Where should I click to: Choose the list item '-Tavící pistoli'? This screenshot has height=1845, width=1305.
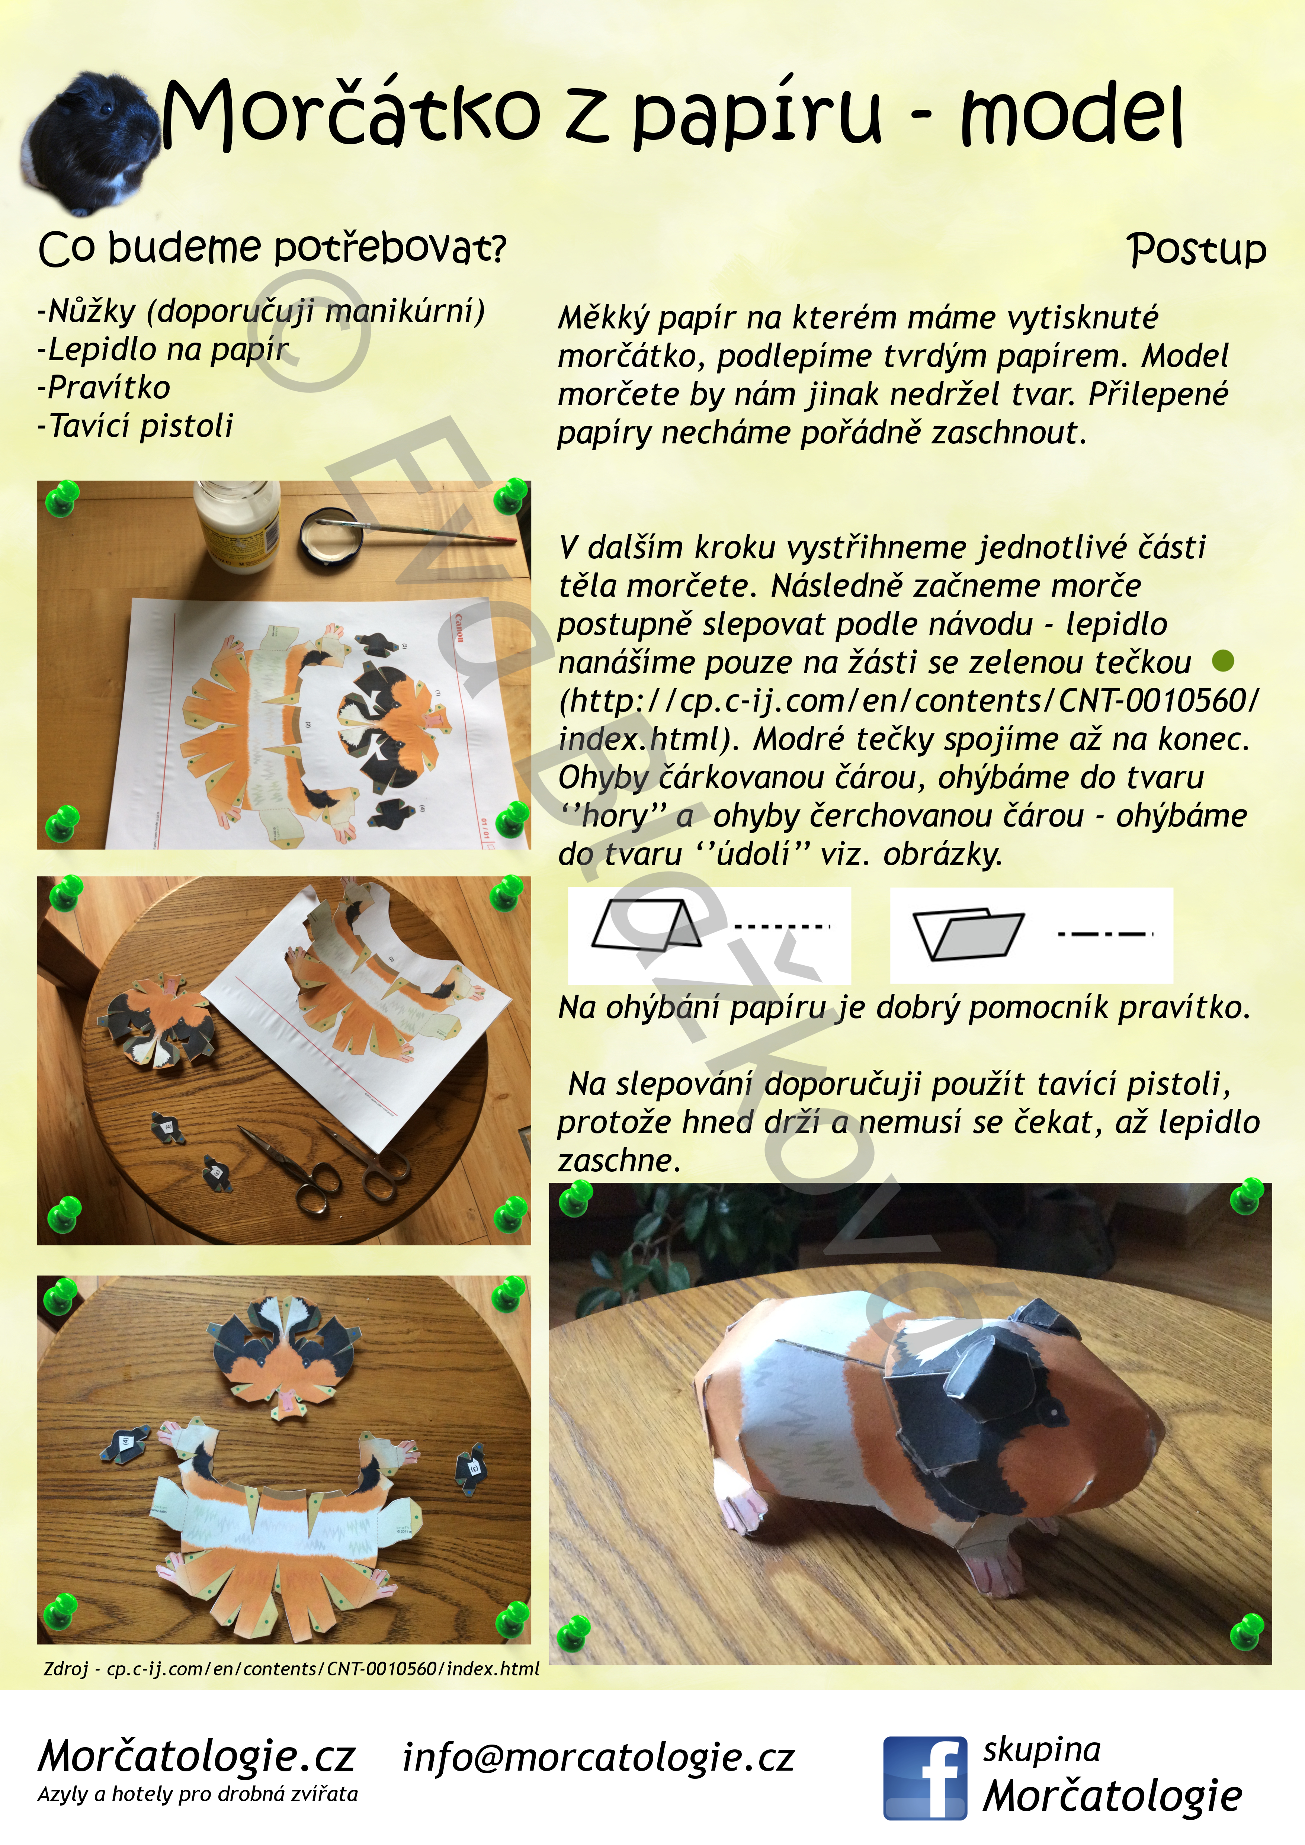tap(135, 426)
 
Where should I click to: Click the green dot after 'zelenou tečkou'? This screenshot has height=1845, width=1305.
tap(1222, 661)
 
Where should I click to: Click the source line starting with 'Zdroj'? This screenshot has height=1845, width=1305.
tap(291, 1669)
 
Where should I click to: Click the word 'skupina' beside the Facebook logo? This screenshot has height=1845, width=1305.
tap(1041, 1750)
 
